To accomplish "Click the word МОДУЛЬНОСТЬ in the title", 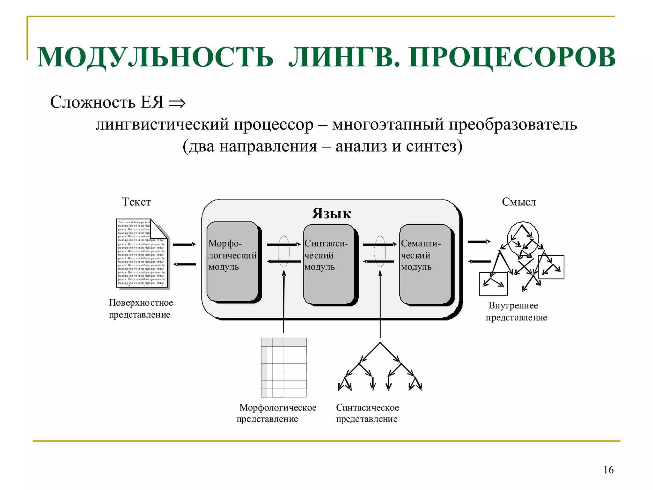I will (155, 57).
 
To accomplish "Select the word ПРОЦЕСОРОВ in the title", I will (512, 57).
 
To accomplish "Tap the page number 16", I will (608, 470).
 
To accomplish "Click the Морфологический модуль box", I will (232, 262).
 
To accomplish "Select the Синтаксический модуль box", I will (329, 264).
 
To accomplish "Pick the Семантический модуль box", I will (425, 264).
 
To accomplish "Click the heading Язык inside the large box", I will (332, 213).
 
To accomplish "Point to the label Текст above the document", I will (136, 202).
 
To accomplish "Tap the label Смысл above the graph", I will (519, 202).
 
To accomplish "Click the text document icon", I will (142, 253).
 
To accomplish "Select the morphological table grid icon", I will (283, 367).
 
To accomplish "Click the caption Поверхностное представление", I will (141, 308).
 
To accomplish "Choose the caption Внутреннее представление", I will (516, 311).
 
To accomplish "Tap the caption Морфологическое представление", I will (277, 413).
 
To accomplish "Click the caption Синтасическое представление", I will (367, 413).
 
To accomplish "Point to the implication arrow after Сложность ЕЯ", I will (177, 103).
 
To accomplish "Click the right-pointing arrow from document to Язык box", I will (184, 244).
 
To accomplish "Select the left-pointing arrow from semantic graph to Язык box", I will (479, 262).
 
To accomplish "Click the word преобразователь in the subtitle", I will (513, 124).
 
